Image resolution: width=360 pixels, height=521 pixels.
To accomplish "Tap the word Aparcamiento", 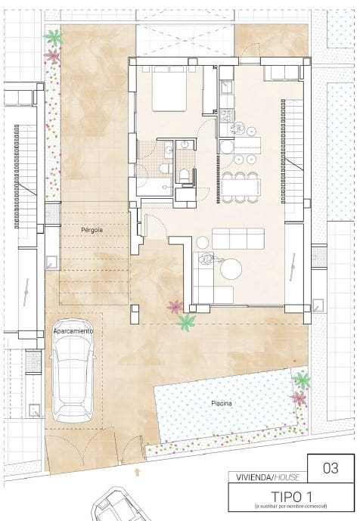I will [x=73, y=331].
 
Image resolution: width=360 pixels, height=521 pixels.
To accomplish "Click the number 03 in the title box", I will [x=331, y=468].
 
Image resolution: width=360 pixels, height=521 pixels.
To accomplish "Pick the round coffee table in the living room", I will [x=231, y=268].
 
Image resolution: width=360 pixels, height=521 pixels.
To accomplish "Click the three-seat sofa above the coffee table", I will [x=238, y=239].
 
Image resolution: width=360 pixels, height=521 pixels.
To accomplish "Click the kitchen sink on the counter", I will [x=225, y=88].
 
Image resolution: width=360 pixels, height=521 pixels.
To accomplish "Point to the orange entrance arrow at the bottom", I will [x=137, y=471].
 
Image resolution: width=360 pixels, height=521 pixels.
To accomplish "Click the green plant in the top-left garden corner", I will [x=52, y=36].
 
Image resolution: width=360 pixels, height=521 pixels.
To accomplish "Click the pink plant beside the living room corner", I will [x=175, y=307].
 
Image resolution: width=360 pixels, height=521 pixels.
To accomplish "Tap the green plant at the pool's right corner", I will [x=302, y=380].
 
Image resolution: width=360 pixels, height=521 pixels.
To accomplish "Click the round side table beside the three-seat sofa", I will [x=204, y=240].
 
